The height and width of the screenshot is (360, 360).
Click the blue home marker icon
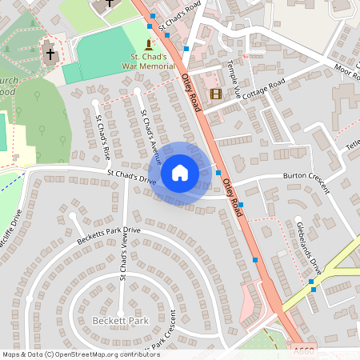click(180, 173)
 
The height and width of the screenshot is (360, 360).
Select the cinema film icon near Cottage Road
click(215, 94)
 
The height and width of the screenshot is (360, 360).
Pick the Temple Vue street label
click(233, 78)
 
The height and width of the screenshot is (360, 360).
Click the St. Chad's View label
click(123, 263)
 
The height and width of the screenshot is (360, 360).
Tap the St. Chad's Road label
click(178, 17)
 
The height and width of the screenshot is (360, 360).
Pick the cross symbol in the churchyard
click(50, 54)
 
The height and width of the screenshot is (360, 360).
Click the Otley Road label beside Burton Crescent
click(231, 196)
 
